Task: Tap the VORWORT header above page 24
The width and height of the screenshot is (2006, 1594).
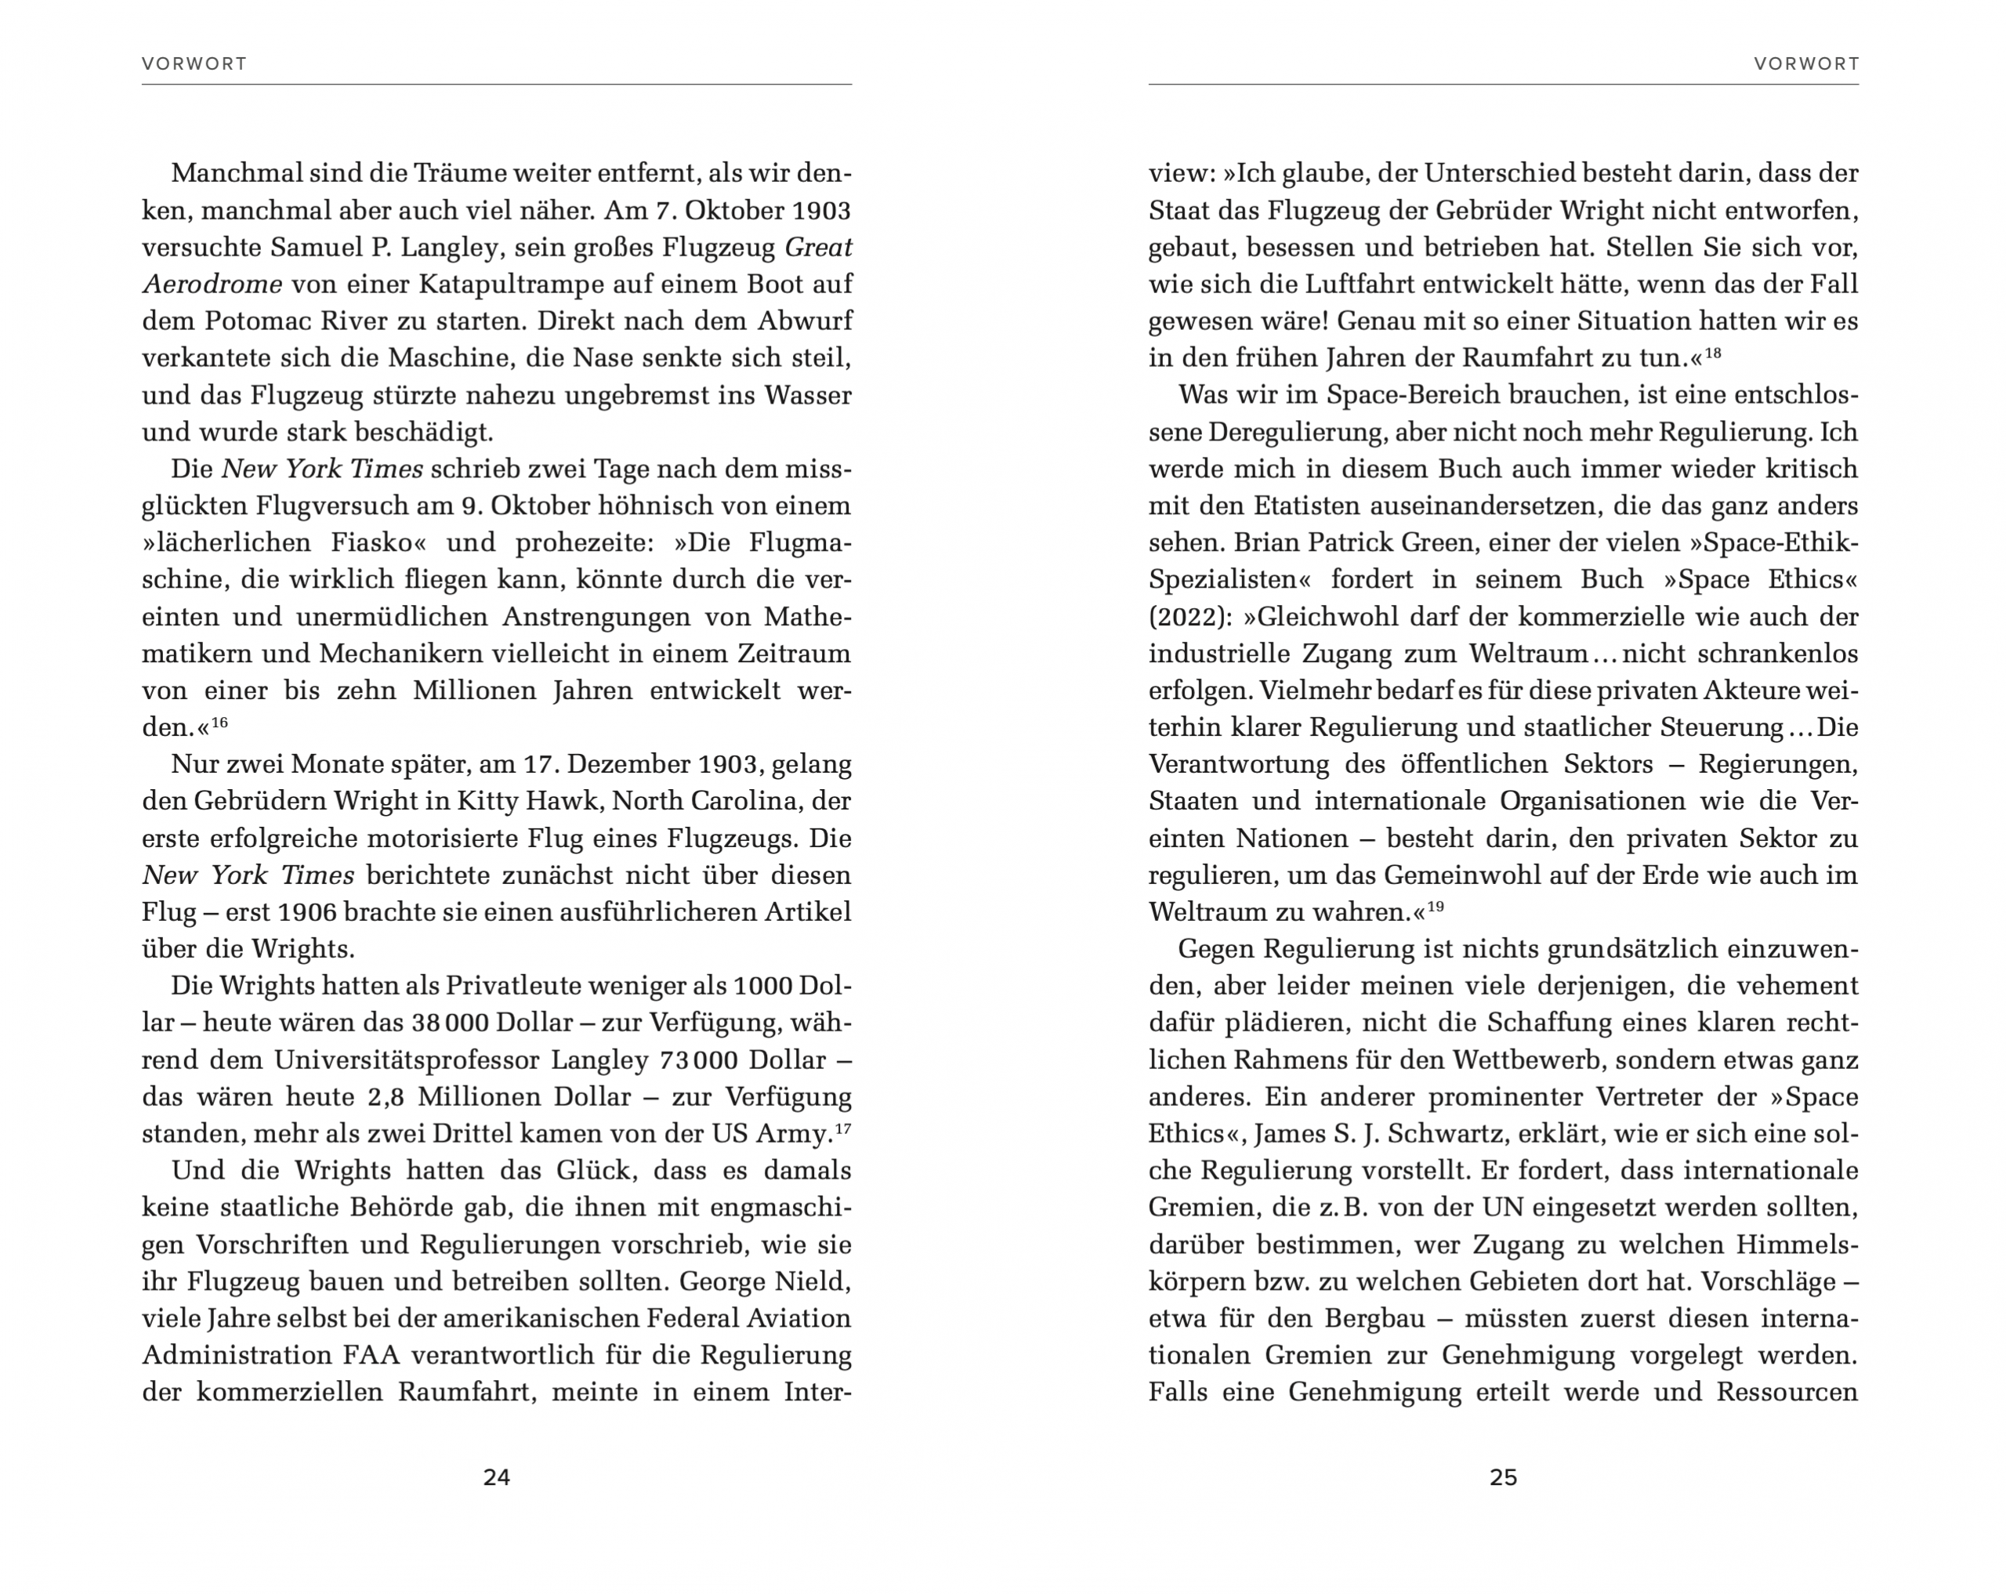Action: click(x=194, y=63)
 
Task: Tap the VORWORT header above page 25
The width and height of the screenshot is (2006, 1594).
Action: click(x=1806, y=63)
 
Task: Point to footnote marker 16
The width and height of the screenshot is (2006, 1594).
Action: click(x=219, y=721)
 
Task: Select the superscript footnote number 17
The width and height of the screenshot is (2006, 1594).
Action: click(x=843, y=1128)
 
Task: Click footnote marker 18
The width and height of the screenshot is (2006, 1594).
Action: click(x=1713, y=352)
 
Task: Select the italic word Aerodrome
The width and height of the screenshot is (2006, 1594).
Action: click(x=212, y=284)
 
